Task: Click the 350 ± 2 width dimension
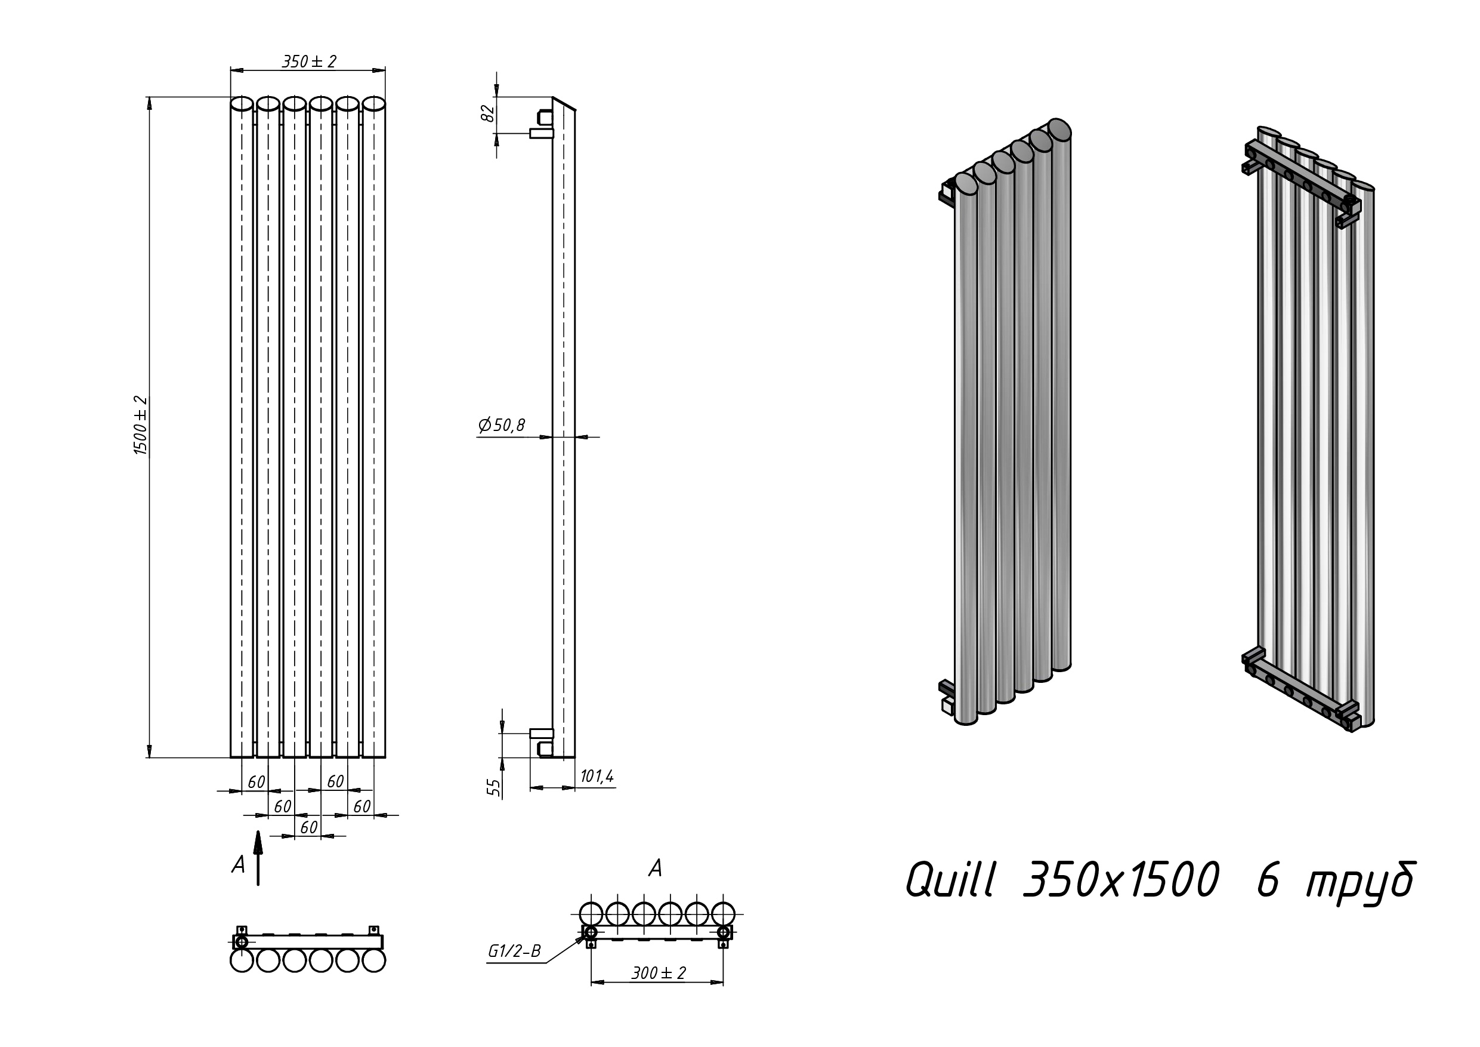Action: pyautogui.click(x=309, y=62)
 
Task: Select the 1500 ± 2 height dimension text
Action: pyautogui.click(x=141, y=426)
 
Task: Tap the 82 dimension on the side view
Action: pyautogui.click(x=489, y=113)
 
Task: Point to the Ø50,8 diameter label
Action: pyautogui.click(x=502, y=425)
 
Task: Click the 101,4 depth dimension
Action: pyautogui.click(x=597, y=777)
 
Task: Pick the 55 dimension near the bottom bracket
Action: pyautogui.click(x=494, y=787)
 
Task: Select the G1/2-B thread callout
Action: pyautogui.click(x=514, y=951)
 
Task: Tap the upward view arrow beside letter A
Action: pyautogui.click(x=258, y=858)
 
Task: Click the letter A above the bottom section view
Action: pyautogui.click(x=655, y=869)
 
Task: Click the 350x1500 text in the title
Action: pyautogui.click(x=1120, y=880)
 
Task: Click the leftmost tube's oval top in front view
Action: pyautogui.click(x=242, y=104)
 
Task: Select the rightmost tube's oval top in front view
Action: pyautogui.click(x=374, y=104)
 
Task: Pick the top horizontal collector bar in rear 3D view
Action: pyautogui.click(x=1302, y=178)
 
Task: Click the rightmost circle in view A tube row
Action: pyautogui.click(x=723, y=914)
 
